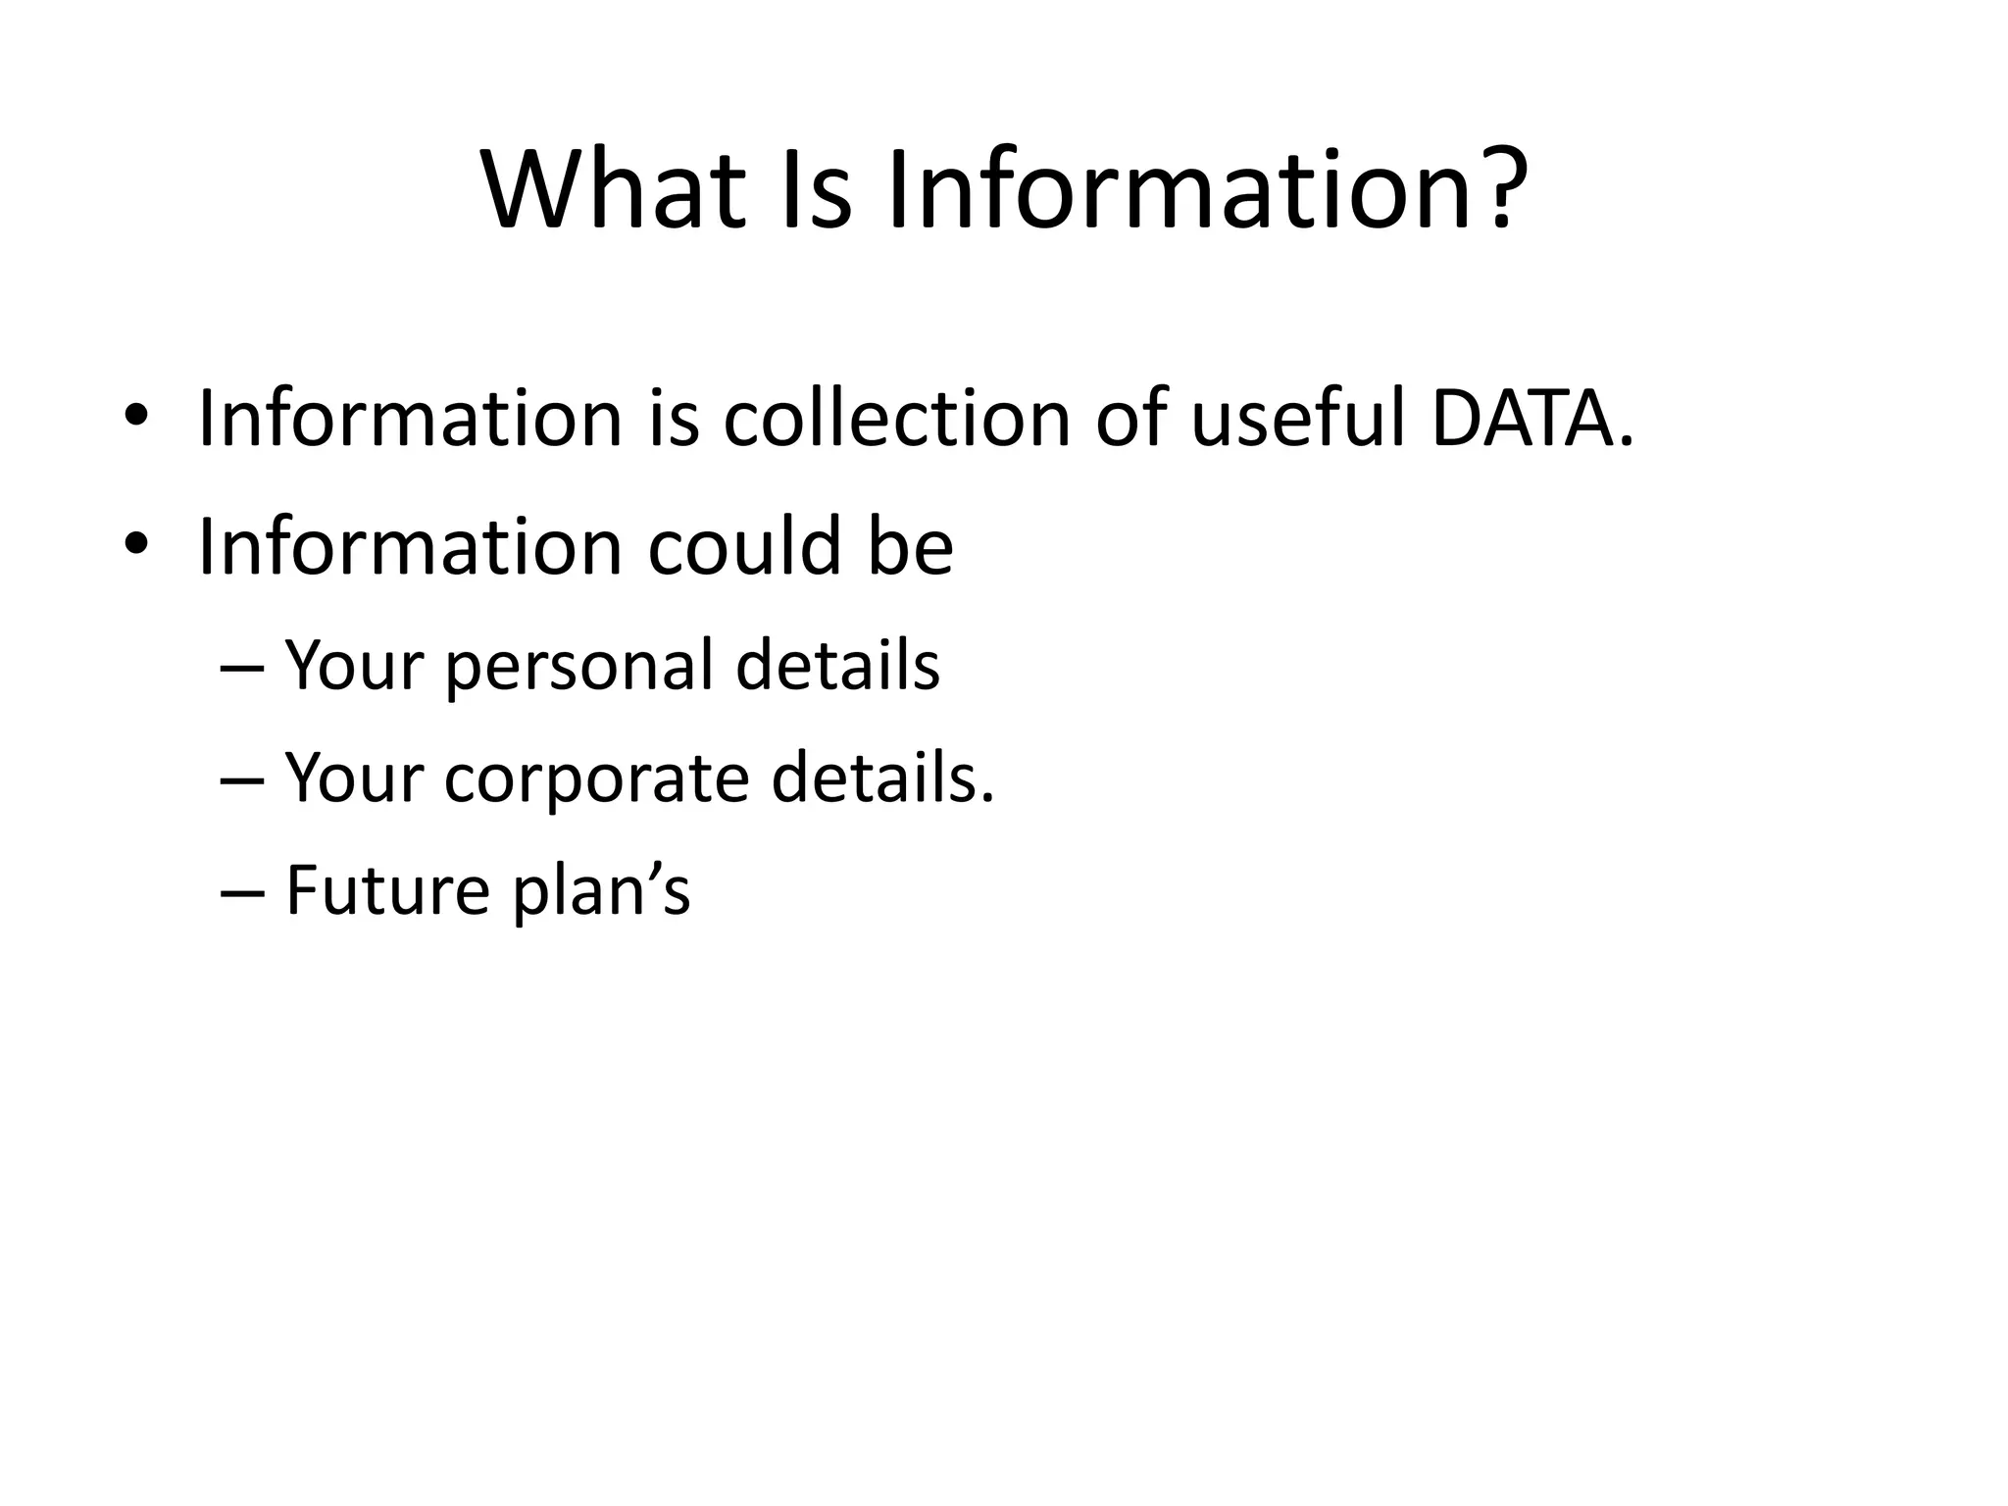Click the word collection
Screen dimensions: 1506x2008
[x=896, y=420]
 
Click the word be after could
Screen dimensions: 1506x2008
[x=910, y=546]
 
